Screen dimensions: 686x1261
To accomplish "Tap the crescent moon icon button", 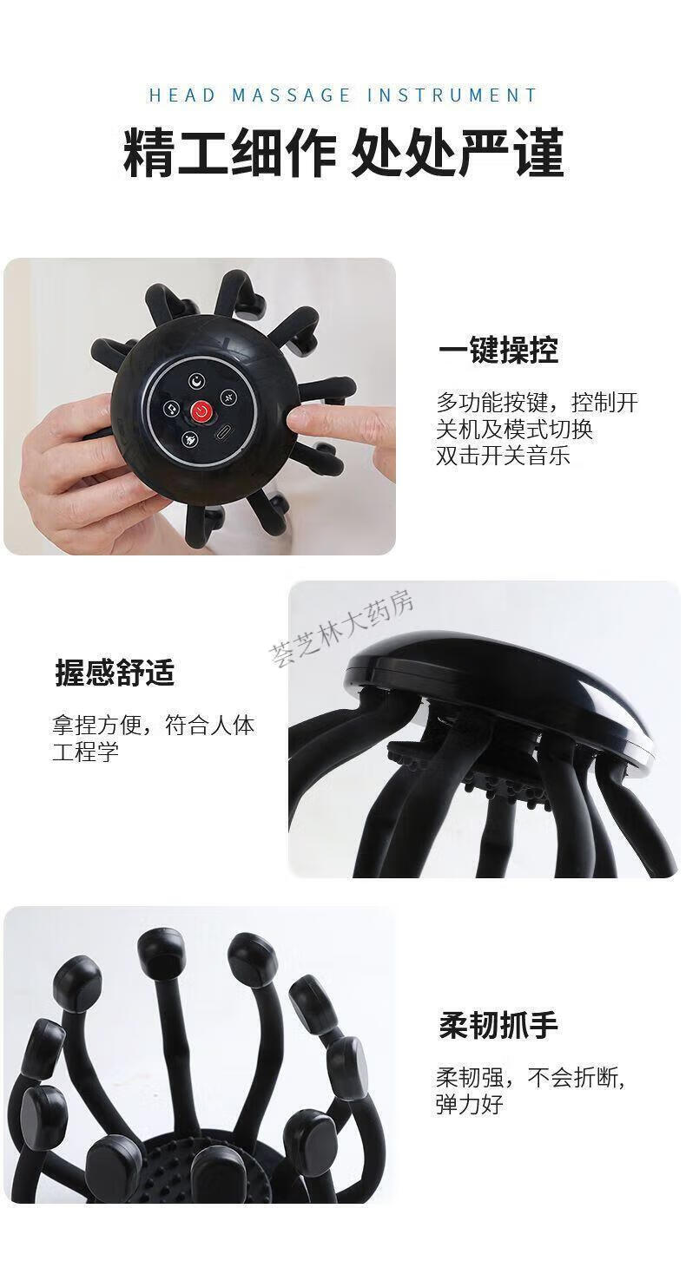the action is pos(196,381).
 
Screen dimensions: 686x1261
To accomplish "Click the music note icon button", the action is pos(171,409).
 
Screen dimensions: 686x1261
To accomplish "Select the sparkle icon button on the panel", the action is pos(228,397).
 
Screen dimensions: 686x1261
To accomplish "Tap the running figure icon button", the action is pos(190,439).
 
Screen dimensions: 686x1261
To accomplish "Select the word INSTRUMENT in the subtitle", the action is pos(452,95).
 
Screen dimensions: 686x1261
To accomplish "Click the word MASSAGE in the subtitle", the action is pos(291,95).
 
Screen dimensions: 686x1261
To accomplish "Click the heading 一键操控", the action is pos(498,350).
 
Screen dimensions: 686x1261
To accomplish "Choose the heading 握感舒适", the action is pos(115,673).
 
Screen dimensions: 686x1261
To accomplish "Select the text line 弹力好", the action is pos(469,1105).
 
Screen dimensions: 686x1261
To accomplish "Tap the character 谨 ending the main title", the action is pos(539,153).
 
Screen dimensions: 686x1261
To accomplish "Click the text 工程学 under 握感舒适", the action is pos(86,752).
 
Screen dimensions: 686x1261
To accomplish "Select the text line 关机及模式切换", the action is pos(514,430).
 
